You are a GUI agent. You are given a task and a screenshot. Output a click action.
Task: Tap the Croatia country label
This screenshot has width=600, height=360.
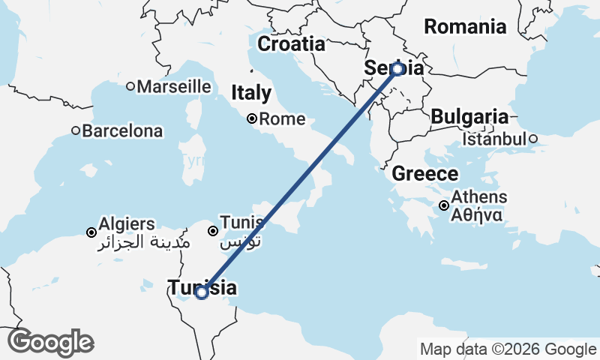[x=291, y=44]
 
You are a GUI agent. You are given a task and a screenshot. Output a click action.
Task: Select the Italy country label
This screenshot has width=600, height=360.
[x=251, y=93]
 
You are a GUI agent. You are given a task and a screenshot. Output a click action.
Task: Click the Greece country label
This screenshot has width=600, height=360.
[x=425, y=174]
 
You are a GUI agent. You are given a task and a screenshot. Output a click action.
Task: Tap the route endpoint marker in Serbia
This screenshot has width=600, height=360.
[x=397, y=68]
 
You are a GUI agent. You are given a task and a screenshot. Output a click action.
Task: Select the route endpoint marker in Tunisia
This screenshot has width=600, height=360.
[x=201, y=292]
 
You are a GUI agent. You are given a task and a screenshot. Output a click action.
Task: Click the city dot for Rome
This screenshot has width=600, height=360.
[x=253, y=118]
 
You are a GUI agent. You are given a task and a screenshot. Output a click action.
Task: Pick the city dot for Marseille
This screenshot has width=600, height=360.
[x=130, y=86]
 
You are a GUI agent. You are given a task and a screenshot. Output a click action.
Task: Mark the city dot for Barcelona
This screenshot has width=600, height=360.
[x=76, y=130]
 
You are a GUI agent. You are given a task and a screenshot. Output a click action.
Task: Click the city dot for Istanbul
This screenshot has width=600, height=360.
[x=532, y=139]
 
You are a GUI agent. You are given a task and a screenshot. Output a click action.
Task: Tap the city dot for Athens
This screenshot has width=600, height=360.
[x=444, y=205]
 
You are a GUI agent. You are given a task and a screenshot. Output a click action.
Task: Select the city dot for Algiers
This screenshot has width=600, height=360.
[x=91, y=232]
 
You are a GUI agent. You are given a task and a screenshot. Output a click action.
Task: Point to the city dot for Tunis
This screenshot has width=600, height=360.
[x=213, y=231]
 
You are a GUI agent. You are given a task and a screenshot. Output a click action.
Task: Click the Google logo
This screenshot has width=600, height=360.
[x=50, y=343]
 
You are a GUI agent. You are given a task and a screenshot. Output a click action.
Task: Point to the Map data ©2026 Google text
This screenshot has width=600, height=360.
[x=508, y=349]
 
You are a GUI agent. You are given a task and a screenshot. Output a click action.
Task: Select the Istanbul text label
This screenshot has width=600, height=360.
[x=494, y=139]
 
